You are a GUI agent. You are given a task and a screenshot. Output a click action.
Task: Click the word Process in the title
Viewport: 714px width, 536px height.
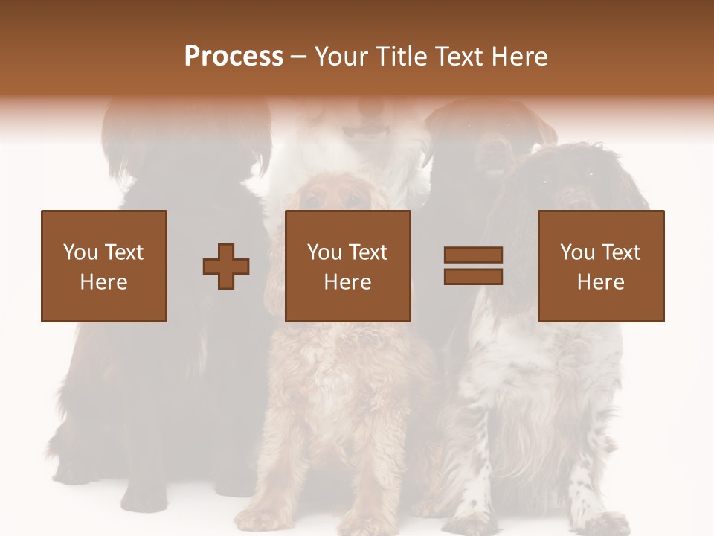point(234,57)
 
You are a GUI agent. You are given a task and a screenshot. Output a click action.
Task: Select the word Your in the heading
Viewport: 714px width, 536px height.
point(341,57)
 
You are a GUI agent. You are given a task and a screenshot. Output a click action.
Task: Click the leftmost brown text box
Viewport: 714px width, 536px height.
point(104,266)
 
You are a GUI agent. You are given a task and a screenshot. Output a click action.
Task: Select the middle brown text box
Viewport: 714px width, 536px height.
point(348,266)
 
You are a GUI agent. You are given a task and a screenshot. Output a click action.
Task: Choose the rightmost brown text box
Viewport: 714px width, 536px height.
point(601,266)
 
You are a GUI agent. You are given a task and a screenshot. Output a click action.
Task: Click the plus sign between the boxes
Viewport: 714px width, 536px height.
point(226,266)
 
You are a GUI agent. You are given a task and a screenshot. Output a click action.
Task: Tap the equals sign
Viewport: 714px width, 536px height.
point(473,266)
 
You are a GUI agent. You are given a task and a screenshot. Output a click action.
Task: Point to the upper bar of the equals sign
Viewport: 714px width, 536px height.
point(473,255)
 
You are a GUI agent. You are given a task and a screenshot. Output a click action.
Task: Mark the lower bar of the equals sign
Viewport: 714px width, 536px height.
point(473,277)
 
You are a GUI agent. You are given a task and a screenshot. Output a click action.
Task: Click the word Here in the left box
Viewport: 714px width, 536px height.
point(104,282)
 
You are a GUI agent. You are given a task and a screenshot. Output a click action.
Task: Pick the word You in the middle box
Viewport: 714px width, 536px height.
point(324,252)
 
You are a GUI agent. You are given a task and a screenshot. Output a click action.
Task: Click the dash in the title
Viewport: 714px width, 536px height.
point(299,57)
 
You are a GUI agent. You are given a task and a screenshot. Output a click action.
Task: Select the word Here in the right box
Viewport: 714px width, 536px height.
point(601,282)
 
